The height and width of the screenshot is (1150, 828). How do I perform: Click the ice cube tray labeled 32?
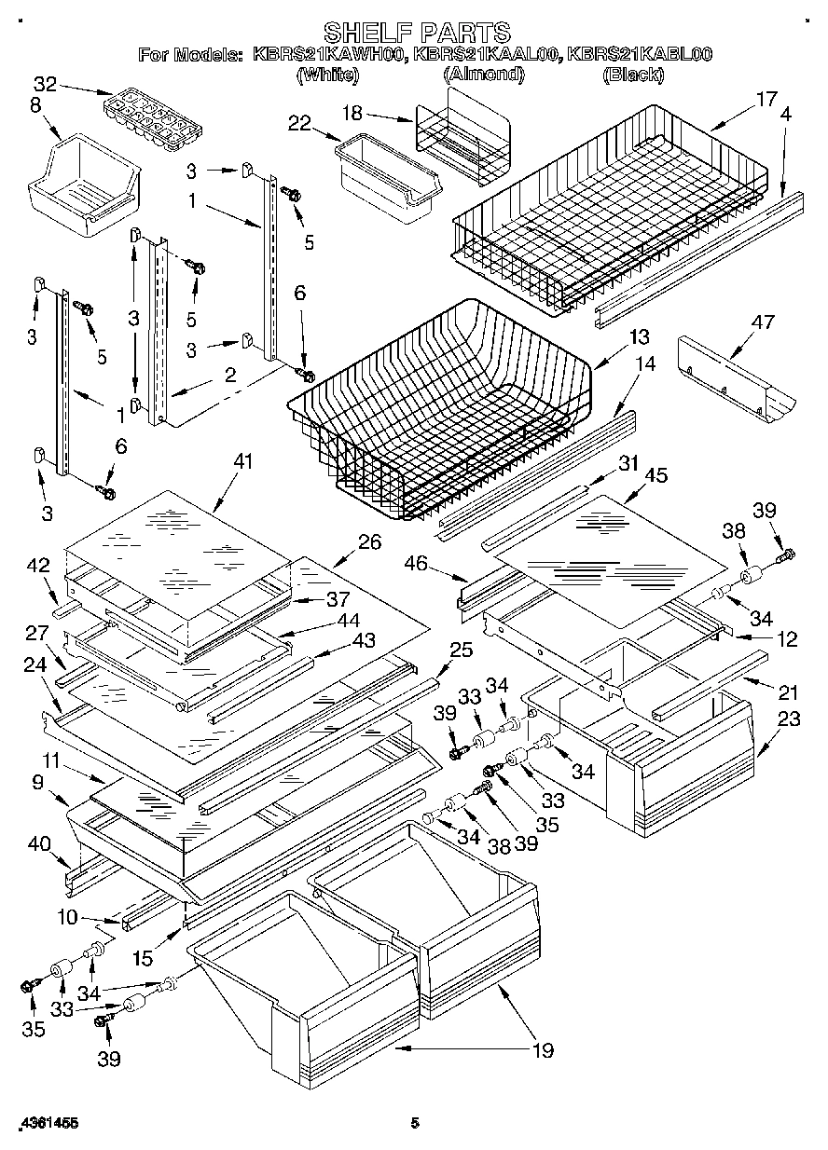(150, 116)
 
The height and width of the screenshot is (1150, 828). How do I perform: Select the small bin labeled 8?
(84, 182)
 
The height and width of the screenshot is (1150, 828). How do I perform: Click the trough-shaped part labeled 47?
(737, 377)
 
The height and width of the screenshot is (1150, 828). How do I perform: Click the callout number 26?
(369, 541)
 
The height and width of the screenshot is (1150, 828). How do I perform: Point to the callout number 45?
(656, 475)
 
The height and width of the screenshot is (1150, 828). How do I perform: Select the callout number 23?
(789, 719)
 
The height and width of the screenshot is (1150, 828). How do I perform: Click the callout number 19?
(542, 1051)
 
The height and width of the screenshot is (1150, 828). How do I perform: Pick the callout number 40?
(39, 845)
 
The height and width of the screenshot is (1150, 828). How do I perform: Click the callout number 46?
(417, 564)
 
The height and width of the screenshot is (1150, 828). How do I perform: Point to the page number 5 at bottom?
(416, 1125)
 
